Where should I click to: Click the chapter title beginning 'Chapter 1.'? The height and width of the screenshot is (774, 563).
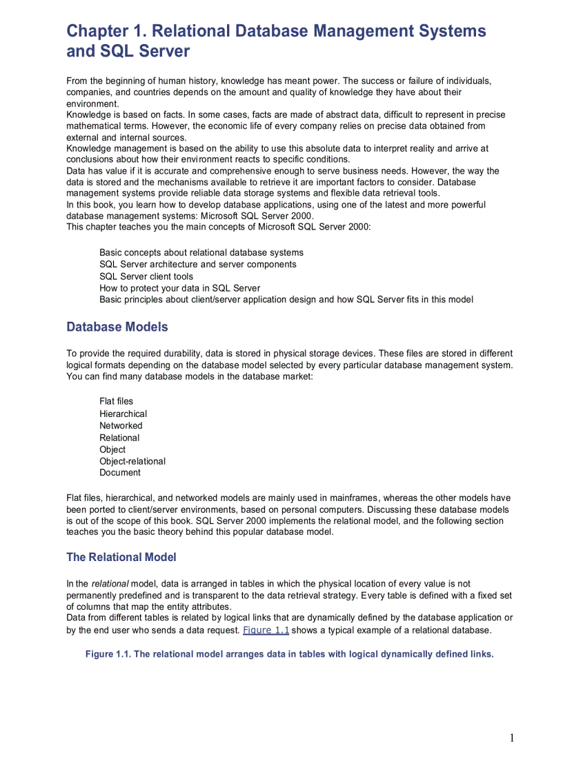click(x=276, y=41)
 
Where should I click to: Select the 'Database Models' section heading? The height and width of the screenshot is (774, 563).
click(x=117, y=327)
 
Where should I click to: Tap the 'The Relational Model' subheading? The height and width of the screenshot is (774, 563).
click(x=121, y=557)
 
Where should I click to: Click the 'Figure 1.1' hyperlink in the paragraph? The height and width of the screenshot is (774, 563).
click(x=266, y=630)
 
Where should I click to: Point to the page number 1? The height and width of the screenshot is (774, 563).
click(x=512, y=738)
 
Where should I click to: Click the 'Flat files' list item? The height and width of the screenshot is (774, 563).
click(x=117, y=401)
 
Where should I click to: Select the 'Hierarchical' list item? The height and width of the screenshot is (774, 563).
click(x=123, y=414)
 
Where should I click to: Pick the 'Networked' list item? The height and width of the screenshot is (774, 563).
click(x=121, y=425)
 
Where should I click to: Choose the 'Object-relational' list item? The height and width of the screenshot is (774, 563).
click(x=132, y=461)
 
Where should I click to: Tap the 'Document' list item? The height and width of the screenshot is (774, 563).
click(x=120, y=473)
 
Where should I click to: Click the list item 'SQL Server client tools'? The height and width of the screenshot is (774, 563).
click(x=146, y=276)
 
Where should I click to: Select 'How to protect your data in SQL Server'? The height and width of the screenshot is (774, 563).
click(x=180, y=288)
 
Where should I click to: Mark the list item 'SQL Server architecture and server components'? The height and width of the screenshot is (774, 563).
click(x=198, y=264)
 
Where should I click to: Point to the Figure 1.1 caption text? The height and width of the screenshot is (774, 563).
click(x=290, y=654)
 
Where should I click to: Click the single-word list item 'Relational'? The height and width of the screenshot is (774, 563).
click(x=119, y=438)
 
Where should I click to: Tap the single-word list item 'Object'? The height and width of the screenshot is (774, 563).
click(x=112, y=449)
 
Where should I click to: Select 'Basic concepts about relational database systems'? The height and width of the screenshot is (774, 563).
click(x=201, y=252)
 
